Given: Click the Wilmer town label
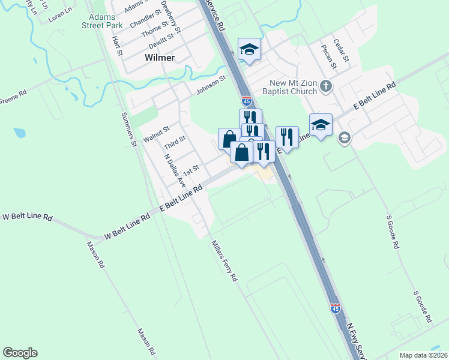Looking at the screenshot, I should click(160, 58).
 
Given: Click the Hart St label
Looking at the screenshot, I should click(117, 46).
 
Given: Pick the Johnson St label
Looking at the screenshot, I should click(211, 85).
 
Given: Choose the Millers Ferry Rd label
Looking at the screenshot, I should click(224, 261).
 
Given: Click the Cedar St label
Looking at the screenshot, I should click(342, 50).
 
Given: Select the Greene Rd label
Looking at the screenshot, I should click(13, 97).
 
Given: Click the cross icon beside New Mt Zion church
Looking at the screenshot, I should click(326, 86).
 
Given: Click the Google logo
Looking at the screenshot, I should click(20, 353).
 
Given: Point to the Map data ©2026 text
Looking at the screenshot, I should click(423, 355).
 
